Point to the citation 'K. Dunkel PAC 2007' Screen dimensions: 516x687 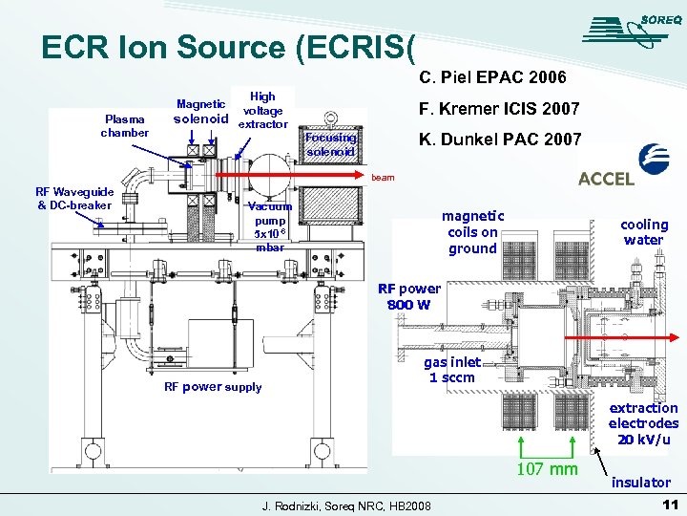500,140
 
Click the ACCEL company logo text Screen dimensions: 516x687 607,179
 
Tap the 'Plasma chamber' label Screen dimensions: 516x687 125,125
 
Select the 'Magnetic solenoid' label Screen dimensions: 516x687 200,112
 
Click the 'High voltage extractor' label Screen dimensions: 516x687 262,110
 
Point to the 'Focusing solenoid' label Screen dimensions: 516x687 331,145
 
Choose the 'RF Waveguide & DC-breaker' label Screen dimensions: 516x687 75,198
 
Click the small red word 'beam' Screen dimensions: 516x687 383,178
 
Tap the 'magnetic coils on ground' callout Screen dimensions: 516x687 472,232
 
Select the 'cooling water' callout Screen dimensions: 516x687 644,232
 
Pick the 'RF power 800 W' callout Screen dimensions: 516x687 409,296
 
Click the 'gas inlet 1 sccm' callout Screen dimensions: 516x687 452,370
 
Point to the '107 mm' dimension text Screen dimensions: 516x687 547,468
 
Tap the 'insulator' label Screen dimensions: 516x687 641,483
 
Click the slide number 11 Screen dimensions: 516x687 668,504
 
